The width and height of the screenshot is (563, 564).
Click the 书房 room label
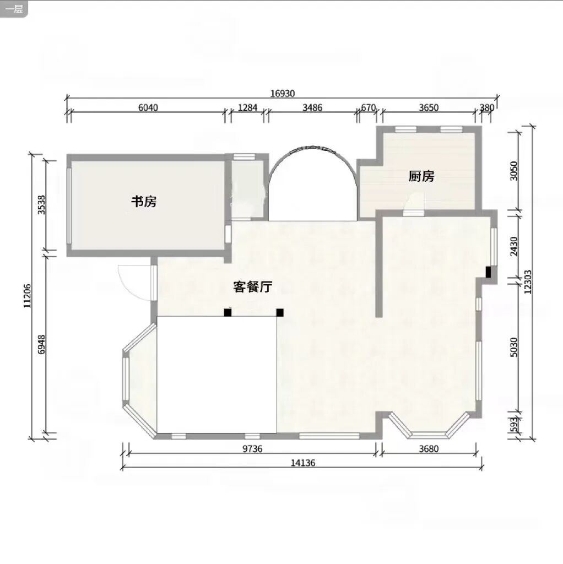click(144, 202)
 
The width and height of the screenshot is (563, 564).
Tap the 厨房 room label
click(421, 176)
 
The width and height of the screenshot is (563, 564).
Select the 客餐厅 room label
click(252, 286)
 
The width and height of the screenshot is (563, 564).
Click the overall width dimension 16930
click(283, 94)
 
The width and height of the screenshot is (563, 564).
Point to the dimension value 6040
click(148, 107)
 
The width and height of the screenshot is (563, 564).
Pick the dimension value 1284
click(248, 107)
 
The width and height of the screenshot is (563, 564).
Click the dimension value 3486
click(312, 107)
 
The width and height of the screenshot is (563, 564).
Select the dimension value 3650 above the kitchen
click(429, 107)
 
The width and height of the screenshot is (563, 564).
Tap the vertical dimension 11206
click(28, 296)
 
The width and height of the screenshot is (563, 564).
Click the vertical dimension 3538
click(42, 205)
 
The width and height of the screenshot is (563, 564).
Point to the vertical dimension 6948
click(42, 345)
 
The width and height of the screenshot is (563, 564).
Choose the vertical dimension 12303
click(528, 282)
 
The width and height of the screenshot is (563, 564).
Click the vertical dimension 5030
click(514, 347)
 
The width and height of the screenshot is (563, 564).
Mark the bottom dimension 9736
click(252, 448)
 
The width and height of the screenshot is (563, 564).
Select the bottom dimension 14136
click(303, 463)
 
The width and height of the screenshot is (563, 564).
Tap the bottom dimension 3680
click(429, 448)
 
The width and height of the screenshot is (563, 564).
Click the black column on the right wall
click(488, 272)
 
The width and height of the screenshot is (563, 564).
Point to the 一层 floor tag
click(14, 8)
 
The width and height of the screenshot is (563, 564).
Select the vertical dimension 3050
click(514, 171)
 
